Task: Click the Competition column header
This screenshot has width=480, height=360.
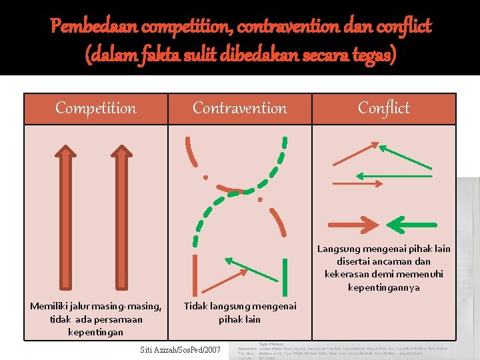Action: pos(95,108)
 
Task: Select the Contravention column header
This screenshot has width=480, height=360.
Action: pos(239,108)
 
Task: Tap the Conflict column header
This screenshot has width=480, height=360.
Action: pos(383,108)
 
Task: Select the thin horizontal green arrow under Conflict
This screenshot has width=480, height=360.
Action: pos(393,176)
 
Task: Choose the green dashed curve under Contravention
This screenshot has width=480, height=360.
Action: pos(240,193)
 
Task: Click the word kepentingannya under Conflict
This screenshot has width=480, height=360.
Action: pos(383,287)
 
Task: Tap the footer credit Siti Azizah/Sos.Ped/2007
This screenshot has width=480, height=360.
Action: pos(180,349)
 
